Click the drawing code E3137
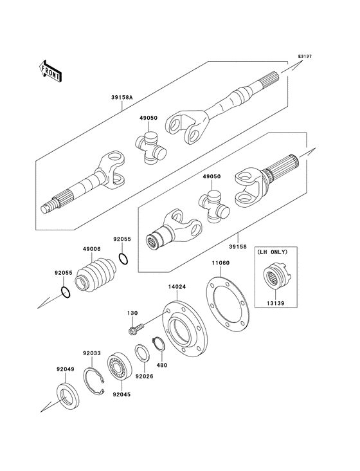coord(304,56)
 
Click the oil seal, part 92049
coord(66,396)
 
